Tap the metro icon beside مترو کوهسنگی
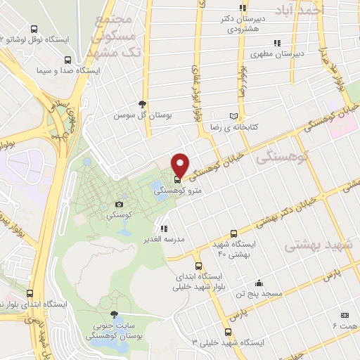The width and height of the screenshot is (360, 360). click(176, 179)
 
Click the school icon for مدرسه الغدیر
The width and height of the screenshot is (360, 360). click(164, 229)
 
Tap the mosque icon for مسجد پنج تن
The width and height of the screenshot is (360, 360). click(259, 282)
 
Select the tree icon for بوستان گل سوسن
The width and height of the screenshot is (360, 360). click(143, 103)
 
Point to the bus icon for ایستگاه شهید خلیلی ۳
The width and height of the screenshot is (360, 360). click(227, 332)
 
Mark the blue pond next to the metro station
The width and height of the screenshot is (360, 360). click(156, 187)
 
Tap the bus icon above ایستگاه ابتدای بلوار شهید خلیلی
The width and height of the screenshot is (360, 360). click(199, 266)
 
